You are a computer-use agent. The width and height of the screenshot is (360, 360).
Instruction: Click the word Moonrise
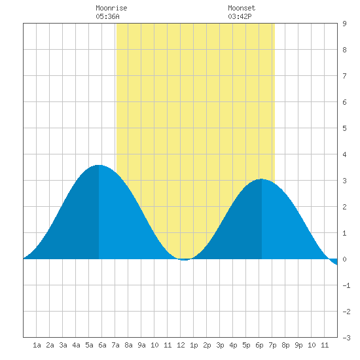111,8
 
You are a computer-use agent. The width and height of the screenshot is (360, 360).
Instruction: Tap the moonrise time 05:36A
107,16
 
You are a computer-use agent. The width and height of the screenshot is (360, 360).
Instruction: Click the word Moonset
242,8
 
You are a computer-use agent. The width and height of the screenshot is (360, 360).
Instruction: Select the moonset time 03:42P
240,16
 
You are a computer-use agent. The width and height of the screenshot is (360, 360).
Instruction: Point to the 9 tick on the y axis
344,24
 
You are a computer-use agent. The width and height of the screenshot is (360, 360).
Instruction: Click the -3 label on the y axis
346,338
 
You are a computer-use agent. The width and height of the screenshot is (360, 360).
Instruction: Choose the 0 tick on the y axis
344,259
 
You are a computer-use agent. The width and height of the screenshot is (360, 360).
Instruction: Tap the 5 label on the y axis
344,128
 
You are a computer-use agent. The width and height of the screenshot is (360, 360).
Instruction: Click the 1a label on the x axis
37,345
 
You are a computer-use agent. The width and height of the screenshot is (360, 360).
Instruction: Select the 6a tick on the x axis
102,345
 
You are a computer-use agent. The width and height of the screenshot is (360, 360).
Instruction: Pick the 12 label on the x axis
181,345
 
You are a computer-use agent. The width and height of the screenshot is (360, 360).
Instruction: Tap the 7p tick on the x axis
272,345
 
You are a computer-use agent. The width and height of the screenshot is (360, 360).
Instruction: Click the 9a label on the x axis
141,345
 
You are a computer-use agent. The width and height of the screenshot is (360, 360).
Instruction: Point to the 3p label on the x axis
220,345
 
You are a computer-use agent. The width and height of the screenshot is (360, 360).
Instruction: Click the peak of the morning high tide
99,165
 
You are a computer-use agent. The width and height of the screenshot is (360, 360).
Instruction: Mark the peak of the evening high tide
262,179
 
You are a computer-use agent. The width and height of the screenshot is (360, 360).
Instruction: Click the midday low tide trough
185,260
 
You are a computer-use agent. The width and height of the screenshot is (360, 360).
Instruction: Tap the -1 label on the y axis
346,285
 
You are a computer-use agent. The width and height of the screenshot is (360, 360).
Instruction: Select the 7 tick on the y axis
344,76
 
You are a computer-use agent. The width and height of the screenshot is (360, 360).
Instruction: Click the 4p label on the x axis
233,345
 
